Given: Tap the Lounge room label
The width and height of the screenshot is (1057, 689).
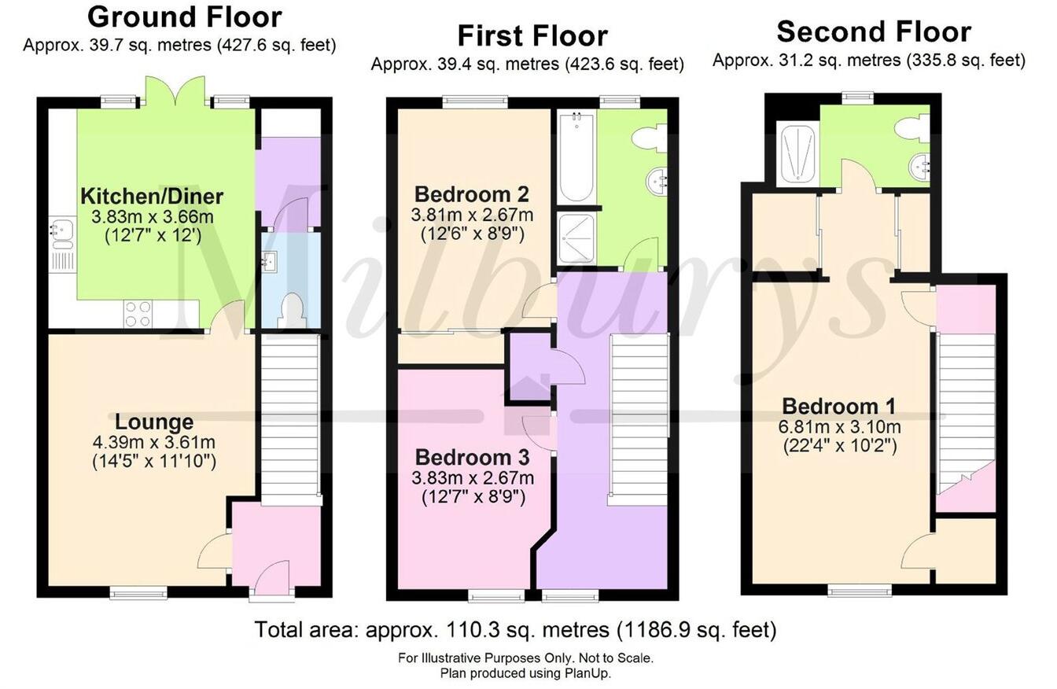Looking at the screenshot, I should click(154, 422).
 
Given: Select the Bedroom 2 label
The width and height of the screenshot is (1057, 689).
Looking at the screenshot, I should click(471, 193).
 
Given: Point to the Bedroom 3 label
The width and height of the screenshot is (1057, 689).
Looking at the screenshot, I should click(472, 457).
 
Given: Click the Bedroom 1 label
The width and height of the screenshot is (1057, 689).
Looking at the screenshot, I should click(838, 407).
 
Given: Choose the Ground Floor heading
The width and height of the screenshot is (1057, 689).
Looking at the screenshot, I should click(184, 17).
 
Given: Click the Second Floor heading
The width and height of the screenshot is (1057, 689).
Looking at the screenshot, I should click(873, 31).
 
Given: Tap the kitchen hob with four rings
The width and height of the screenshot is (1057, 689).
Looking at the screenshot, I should click(138, 314).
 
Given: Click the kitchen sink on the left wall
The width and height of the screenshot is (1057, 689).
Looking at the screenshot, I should click(61, 234).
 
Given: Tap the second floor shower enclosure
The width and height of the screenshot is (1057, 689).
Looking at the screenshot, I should click(798, 153).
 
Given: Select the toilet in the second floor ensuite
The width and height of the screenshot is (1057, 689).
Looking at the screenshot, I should click(915, 128).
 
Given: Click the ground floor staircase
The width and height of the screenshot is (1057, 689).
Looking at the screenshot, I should click(289, 417).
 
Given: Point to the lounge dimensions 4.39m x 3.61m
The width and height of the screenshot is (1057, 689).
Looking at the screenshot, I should click(154, 443).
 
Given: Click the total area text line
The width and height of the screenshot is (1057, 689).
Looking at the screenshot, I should click(515, 630).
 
